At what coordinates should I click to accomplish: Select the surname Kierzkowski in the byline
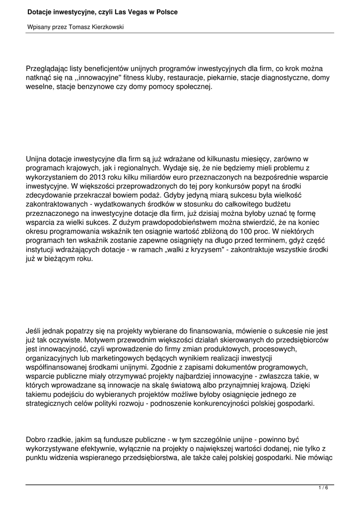coord(105,27)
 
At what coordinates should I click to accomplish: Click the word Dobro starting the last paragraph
coord(37,440)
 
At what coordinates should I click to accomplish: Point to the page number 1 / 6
coord(323,488)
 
